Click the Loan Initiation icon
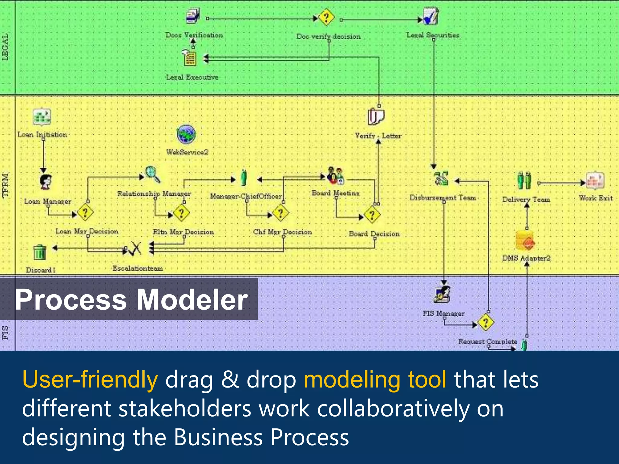tap(42, 117)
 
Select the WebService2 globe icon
tap(186, 135)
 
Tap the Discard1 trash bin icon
tap(40, 252)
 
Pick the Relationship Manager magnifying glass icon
tap(153, 175)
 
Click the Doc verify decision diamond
tap(326, 17)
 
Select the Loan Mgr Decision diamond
tap(85, 212)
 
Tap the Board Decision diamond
tap(372, 215)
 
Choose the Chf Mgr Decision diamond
tap(280, 213)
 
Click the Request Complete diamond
tap(486, 322)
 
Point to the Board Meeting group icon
tap(335, 176)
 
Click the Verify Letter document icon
tap(376, 117)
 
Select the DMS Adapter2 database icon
tap(525, 241)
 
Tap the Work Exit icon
tap(595, 180)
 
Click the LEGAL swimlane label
tap(5, 47)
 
